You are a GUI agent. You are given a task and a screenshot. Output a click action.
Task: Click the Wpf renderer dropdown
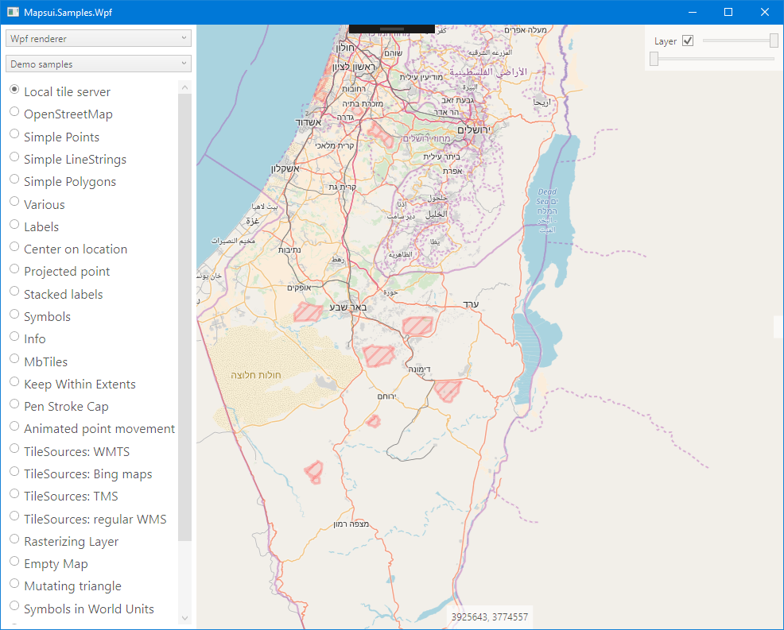98,38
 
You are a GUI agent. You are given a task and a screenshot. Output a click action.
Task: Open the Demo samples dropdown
98,64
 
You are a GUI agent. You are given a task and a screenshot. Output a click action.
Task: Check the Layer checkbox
688,41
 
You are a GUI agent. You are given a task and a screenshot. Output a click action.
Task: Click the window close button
765,12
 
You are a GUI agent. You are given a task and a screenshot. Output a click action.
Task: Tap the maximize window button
728,12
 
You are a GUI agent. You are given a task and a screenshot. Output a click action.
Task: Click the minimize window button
692,12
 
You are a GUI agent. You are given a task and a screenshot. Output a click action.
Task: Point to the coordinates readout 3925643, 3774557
489,616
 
